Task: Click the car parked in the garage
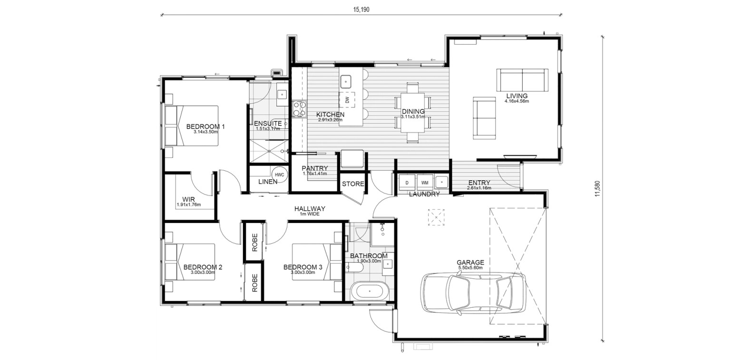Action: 473,293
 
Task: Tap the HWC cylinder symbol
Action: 279,175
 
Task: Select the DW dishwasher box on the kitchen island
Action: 347,100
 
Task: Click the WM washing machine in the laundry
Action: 425,183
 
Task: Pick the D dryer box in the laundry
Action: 407,183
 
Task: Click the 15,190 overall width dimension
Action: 361,10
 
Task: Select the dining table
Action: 413,113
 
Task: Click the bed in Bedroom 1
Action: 192,126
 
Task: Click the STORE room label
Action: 353,184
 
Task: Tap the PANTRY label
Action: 315,168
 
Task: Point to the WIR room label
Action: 188,199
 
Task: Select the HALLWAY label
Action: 310,209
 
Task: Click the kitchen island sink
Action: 345,81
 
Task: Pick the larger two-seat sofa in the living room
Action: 522,80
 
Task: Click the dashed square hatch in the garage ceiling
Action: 436,217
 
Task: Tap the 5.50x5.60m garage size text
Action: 470,268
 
